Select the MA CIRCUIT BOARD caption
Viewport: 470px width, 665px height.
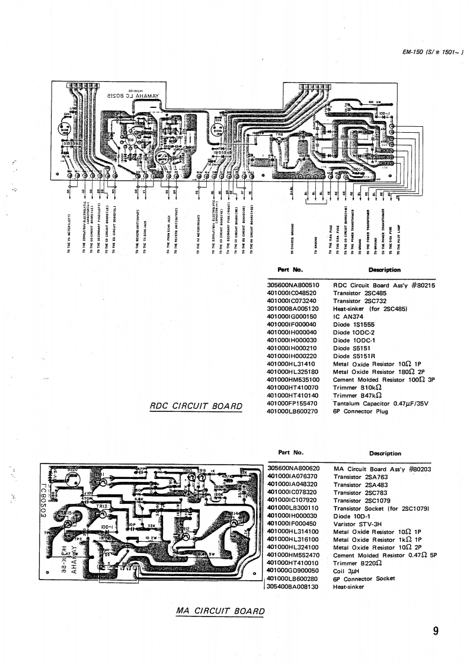[220, 611]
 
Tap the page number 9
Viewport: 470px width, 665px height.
[436, 631]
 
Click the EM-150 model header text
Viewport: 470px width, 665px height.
[431, 52]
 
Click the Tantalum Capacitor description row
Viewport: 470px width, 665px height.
[381, 403]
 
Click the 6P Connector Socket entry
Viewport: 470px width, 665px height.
[364, 578]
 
